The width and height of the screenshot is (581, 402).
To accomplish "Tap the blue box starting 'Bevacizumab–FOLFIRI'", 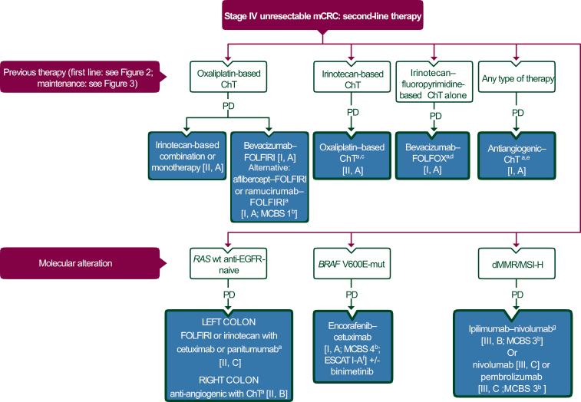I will pyautogui.click(x=269, y=174).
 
